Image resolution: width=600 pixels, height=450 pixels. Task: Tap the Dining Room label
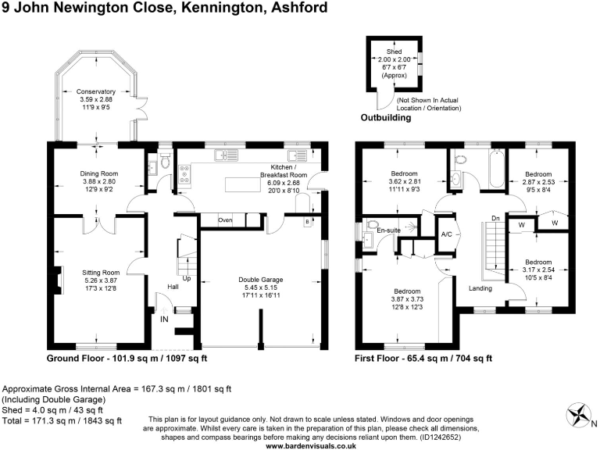point(98,173)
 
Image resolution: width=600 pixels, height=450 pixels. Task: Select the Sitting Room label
point(99,272)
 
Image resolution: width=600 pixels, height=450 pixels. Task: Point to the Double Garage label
point(261,279)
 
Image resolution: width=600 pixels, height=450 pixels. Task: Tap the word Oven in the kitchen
point(226,220)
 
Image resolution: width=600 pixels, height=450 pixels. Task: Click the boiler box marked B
point(307,222)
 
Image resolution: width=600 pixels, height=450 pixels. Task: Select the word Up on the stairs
point(186,277)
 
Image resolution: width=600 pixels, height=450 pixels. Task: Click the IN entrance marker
point(165,320)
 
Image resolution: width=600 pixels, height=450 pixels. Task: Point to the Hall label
point(173,287)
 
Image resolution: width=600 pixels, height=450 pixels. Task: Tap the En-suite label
point(389,231)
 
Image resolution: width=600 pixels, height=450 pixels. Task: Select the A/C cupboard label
point(447,234)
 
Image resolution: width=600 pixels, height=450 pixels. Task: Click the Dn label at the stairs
point(495,218)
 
